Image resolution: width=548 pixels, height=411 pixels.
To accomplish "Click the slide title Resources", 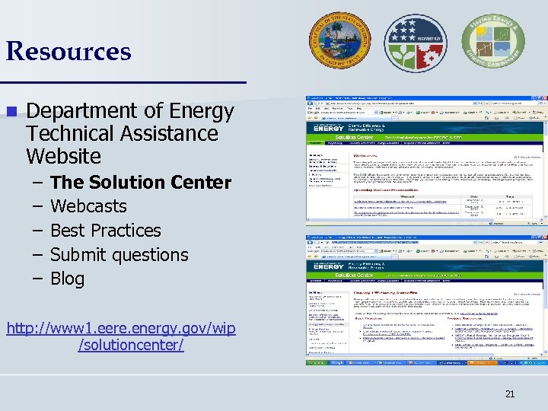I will [68, 52].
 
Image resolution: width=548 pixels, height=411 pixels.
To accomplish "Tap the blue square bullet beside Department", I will [11, 111].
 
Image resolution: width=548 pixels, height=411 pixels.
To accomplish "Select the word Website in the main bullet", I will [63, 156].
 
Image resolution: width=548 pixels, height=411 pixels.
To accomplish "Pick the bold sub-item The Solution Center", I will [140, 182].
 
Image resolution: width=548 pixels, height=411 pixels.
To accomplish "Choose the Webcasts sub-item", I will [88, 206].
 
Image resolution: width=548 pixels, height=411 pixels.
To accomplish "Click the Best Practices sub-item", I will [106, 231].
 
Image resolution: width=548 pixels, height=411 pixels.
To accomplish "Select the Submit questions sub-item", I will [119, 255].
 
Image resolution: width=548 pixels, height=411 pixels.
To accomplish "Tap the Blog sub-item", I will [67, 279].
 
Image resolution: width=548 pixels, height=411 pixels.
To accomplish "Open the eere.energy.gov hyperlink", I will [122, 336].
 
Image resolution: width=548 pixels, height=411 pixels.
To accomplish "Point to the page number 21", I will [510, 393].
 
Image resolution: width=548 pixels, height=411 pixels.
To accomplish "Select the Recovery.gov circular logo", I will [415, 43].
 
